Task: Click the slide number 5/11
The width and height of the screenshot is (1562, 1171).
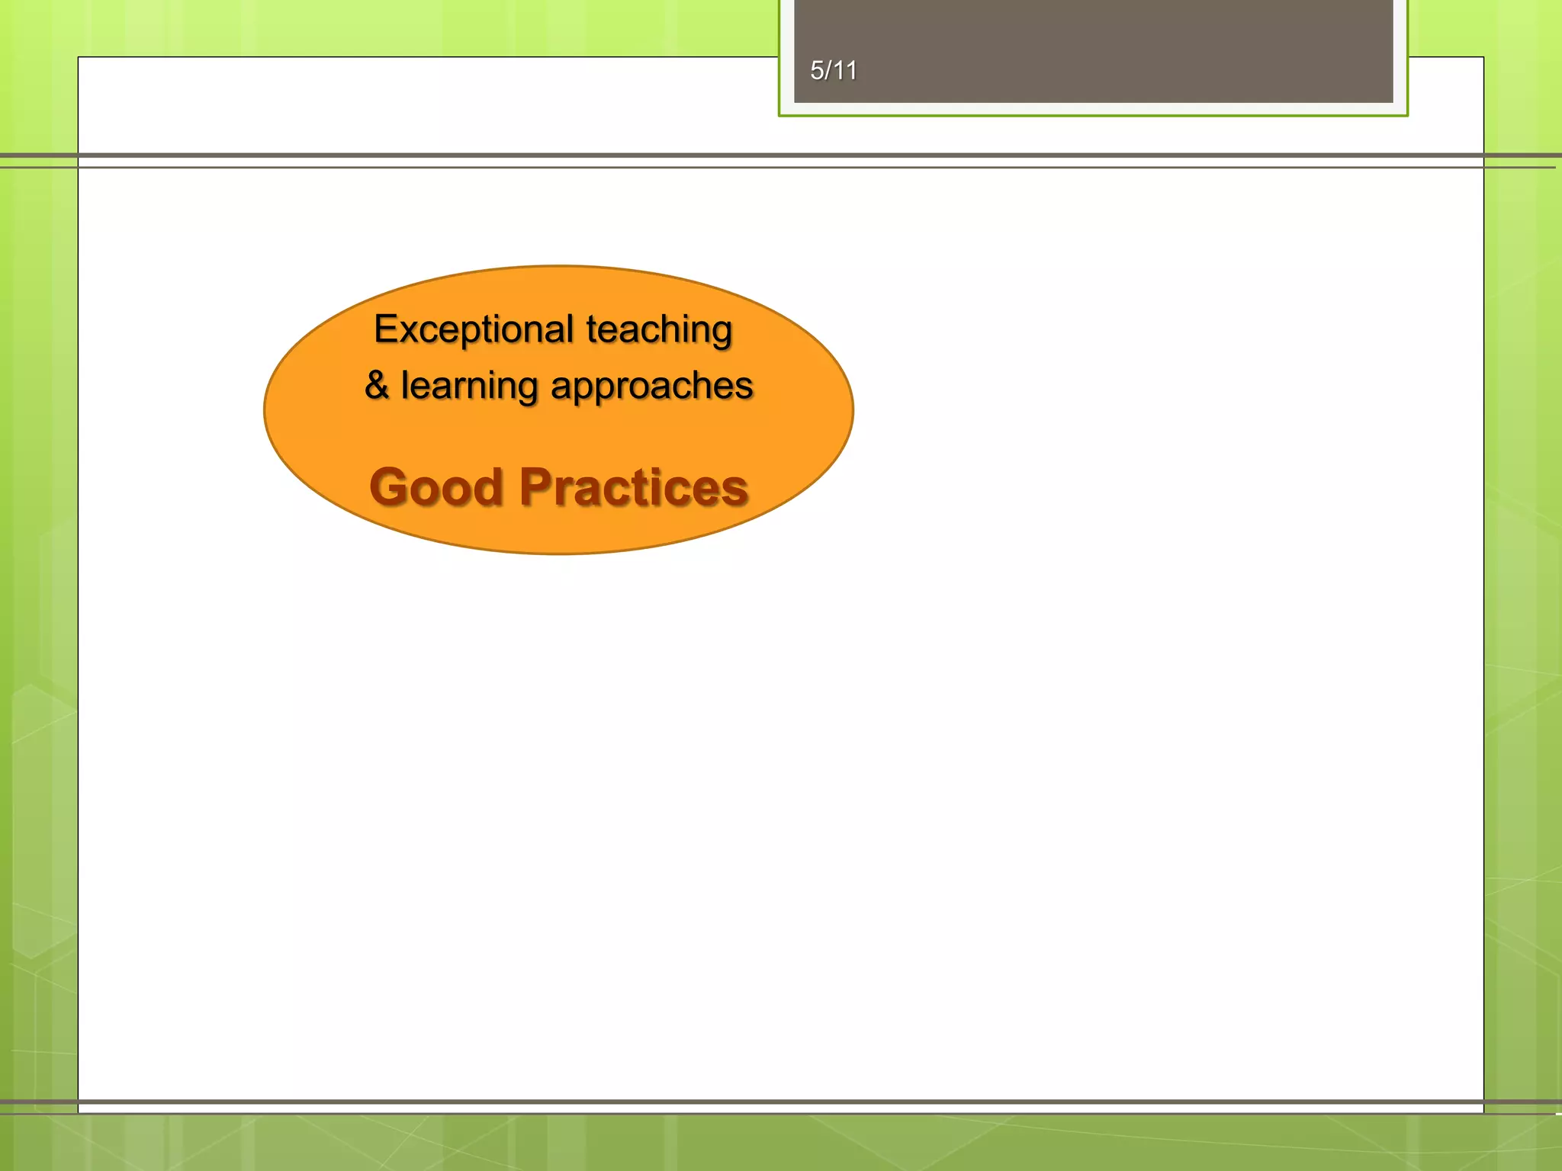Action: [x=833, y=71]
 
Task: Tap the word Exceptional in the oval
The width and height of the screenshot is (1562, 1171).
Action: [x=474, y=329]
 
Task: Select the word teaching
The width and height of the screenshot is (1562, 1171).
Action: [x=659, y=329]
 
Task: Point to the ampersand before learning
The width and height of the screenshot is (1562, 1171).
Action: [x=377, y=384]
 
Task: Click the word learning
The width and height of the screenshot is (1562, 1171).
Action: [x=469, y=386]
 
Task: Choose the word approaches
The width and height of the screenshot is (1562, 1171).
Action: [x=652, y=386]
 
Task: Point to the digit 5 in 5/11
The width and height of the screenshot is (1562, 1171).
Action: [x=817, y=71]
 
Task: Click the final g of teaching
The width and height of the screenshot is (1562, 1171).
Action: [x=722, y=332]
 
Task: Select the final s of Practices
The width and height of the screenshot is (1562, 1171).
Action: [x=735, y=489]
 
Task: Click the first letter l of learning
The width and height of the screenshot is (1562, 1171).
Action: [x=404, y=384]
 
